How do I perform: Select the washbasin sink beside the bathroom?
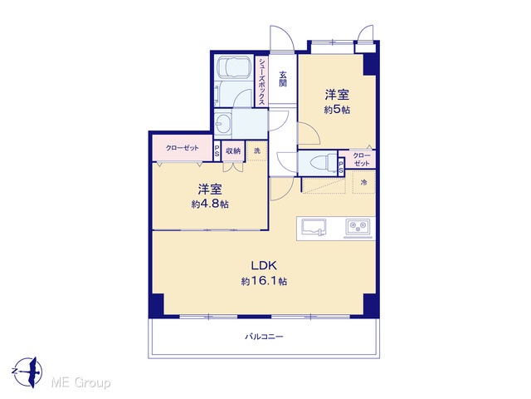point(223,124)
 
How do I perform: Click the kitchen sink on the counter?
point(314,227)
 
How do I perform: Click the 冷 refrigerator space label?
point(363,183)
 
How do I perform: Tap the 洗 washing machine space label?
point(257,150)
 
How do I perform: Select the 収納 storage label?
point(233,150)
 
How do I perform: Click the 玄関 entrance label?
point(283,79)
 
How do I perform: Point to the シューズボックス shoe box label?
point(262,81)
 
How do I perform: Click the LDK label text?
point(264,265)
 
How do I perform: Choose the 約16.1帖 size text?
point(264,281)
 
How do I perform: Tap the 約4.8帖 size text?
point(210,204)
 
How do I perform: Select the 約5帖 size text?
point(337,110)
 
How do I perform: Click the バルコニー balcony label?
point(264,337)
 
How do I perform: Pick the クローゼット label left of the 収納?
point(183,148)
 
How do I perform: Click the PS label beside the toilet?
point(341,167)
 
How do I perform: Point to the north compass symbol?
point(28,372)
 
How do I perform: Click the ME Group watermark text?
point(80,382)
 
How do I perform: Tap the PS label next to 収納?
point(217,150)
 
